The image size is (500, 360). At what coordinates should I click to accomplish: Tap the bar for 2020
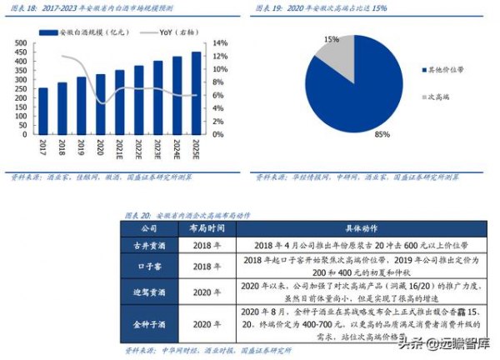(x=100, y=104)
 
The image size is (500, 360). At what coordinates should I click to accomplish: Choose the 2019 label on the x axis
(x=82, y=147)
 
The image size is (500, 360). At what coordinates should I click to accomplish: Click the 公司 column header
(x=152, y=227)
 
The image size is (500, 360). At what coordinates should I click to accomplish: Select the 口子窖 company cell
(x=152, y=266)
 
